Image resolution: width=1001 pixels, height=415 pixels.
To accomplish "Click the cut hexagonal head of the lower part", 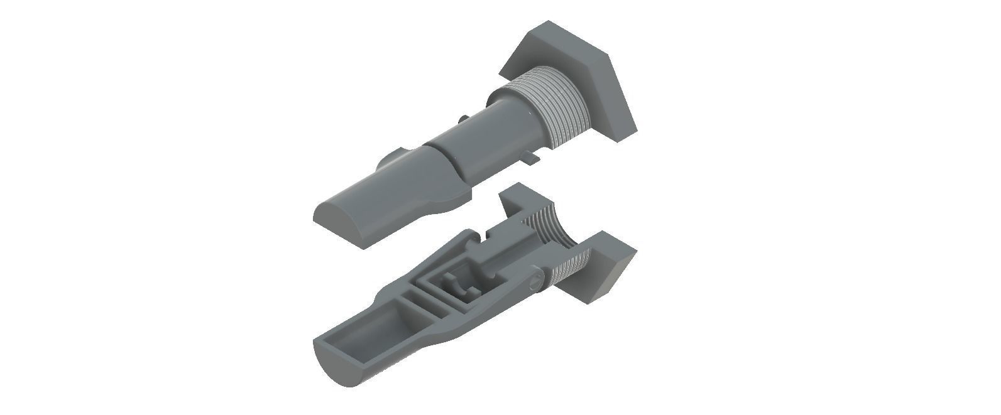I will coord(610,264).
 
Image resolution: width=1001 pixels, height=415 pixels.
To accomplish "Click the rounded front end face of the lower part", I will coord(342,364).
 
